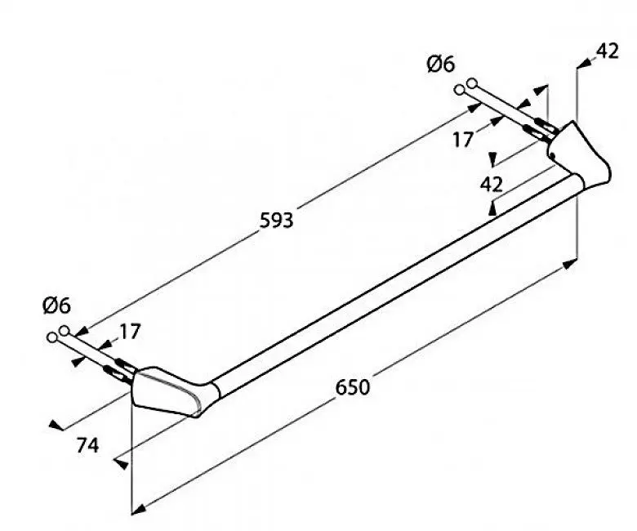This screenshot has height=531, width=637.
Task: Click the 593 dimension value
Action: tap(276, 221)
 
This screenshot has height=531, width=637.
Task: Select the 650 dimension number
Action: tap(353, 387)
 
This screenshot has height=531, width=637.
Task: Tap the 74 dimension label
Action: tap(87, 446)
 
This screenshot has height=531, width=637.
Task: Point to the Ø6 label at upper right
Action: tap(441, 65)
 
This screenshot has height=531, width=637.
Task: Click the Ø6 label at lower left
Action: tap(56, 306)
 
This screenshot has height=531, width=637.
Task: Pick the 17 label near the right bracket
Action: tap(463, 140)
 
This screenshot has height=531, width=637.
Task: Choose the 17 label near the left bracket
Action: tap(130, 332)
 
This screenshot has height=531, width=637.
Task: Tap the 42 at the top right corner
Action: tap(608, 51)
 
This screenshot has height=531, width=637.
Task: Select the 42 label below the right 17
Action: tap(491, 185)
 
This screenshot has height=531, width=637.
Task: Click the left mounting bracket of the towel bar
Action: tap(171, 390)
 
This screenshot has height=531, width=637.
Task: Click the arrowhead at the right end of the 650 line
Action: tap(569, 265)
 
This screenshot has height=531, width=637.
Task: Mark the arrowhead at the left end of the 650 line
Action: tap(139, 509)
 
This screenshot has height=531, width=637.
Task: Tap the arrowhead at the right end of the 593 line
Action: tap(474, 107)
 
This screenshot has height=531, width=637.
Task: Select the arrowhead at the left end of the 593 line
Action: tap(82, 332)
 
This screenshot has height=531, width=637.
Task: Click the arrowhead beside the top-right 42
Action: tap(585, 64)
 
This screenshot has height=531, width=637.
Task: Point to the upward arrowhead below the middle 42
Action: tap(492, 209)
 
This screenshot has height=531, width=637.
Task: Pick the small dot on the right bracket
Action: tap(553, 154)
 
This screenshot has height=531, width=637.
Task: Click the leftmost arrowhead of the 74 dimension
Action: tap(56, 426)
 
